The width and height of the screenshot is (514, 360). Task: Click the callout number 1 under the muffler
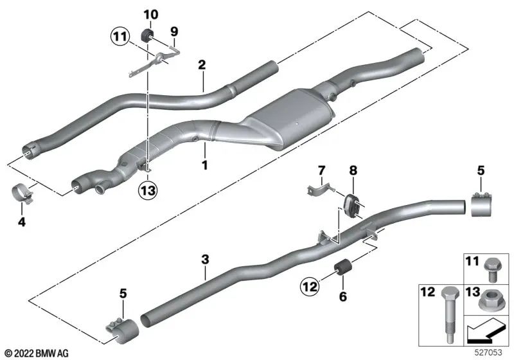tap(205, 165)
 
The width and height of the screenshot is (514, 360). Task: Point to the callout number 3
tap(205, 260)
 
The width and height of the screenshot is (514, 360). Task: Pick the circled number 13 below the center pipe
tap(148, 191)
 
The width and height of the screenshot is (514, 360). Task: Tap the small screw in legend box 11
tap(492, 265)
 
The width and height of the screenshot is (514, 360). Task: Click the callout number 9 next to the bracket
tap(173, 30)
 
